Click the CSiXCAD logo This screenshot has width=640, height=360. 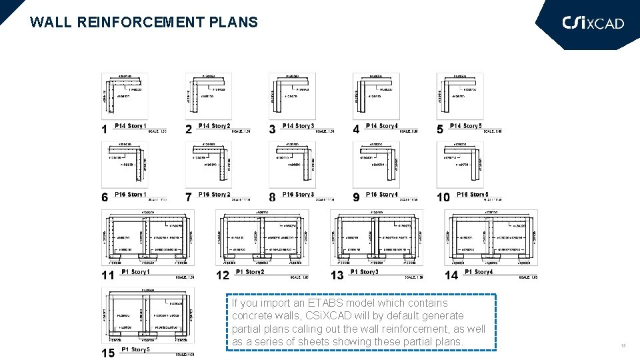pyautogui.click(x=593, y=23)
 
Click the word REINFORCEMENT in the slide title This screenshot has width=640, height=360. pyautogui.click(x=129, y=22)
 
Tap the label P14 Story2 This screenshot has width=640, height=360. pyautogui.click(x=215, y=126)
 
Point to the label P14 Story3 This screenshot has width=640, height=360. pyautogui.click(x=298, y=126)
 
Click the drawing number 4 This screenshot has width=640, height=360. pyautogui.click(x=357, y=129)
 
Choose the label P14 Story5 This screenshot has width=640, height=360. pyautogui.click(x=465, y=126)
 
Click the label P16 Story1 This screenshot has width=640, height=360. pyautogui.click(x=130, y=195)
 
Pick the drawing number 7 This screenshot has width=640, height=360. pyautogui.click(x=189, y=197)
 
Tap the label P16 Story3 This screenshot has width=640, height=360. pyautogui.click(x=298, y=195)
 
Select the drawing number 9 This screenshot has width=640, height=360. pyautogui.click(x=357, y=197)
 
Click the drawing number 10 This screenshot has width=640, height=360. pyautogui.click(x=443, y=197)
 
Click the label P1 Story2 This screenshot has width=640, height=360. pyautogui.click(x=250, y=272)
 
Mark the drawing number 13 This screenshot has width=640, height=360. pyautogui.click(x=337, y=275)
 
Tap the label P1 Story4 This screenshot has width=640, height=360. pyautogui.click(x=479, y=272)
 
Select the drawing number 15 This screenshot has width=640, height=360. pyautogui.click(x=108, y=353)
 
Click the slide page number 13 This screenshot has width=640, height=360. pyautogui.click(x=623, y=345)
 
